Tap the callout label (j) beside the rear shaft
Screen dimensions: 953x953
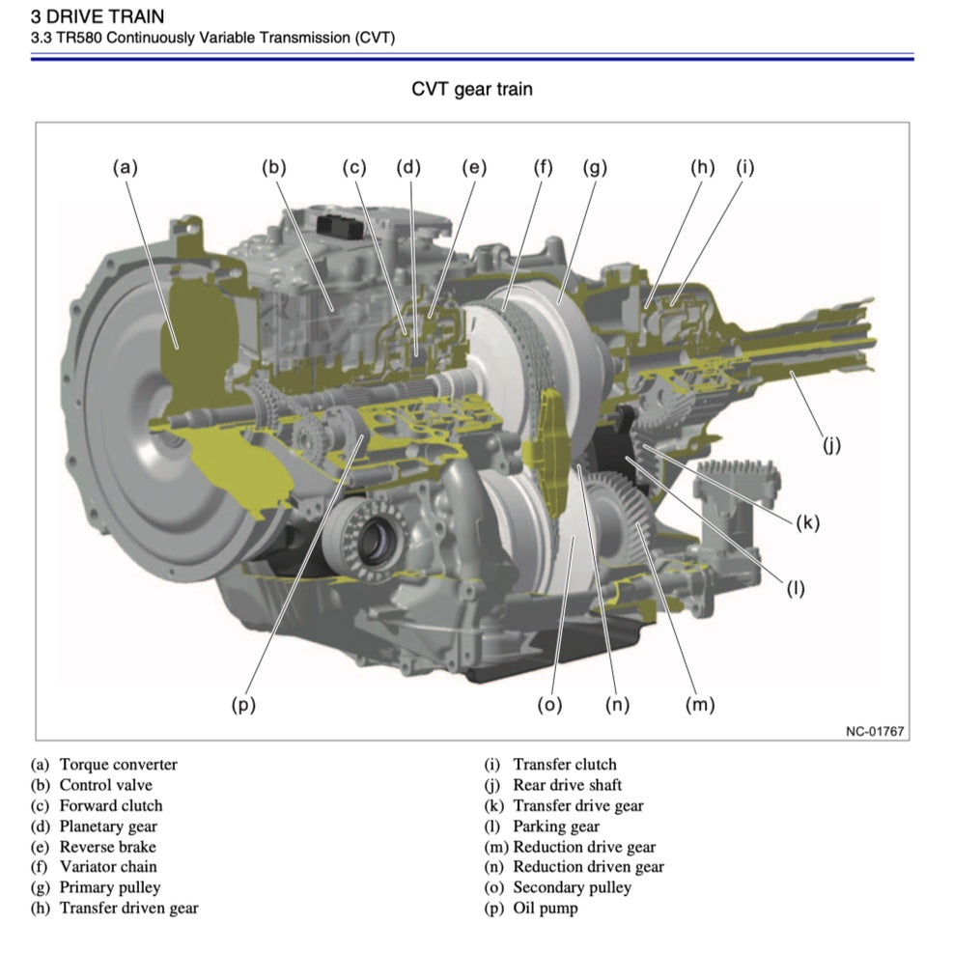tap(831, 445)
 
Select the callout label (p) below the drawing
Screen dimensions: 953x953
tap(243, 704)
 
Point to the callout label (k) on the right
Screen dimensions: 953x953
tap(807, 522)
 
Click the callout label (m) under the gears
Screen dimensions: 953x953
tap(699, 704)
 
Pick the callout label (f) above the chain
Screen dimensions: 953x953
tap(544, 167)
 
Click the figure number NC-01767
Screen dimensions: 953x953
tap(875, 731)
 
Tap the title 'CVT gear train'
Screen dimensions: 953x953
tap(472, 90)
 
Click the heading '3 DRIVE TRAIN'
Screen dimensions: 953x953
tap(98, 16)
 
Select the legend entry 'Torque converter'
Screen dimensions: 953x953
tap(118, 765)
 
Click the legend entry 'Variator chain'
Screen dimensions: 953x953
tap(107, 866)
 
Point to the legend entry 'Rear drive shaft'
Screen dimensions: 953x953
tap(567, 785)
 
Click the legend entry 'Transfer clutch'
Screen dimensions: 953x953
tap(564, 765)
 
